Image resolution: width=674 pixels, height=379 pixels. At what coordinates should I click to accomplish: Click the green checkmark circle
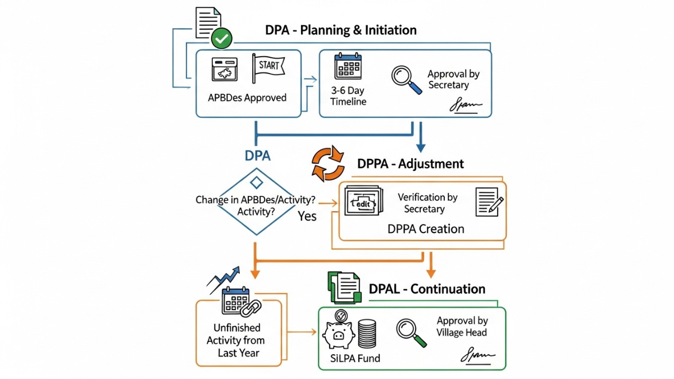click(x=221, y=39)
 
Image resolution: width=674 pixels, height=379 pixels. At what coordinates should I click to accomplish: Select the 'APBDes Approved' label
click(x=247, y=98)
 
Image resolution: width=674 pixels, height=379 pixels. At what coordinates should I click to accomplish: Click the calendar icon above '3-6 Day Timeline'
click(x=348, y=67)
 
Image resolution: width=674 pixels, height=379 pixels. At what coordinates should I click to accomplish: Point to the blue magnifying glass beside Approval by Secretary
click(x=406, y=80)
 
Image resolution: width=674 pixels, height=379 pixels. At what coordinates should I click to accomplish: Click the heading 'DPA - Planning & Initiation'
click(x=341, y=30)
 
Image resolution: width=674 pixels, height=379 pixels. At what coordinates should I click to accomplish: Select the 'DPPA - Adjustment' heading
click(x=411, y=164)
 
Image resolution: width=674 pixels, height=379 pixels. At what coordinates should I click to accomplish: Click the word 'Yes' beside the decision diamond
click(x=307, y=216)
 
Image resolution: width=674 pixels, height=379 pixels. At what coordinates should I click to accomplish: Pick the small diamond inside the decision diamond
click(x=256, y=182)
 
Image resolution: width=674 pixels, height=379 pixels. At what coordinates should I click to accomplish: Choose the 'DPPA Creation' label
click(x=426, y=229)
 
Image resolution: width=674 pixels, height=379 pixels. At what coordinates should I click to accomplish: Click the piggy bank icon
click(x=338, y=335)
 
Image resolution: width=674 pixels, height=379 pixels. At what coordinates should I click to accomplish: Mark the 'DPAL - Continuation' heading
click(x=427, y=289)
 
